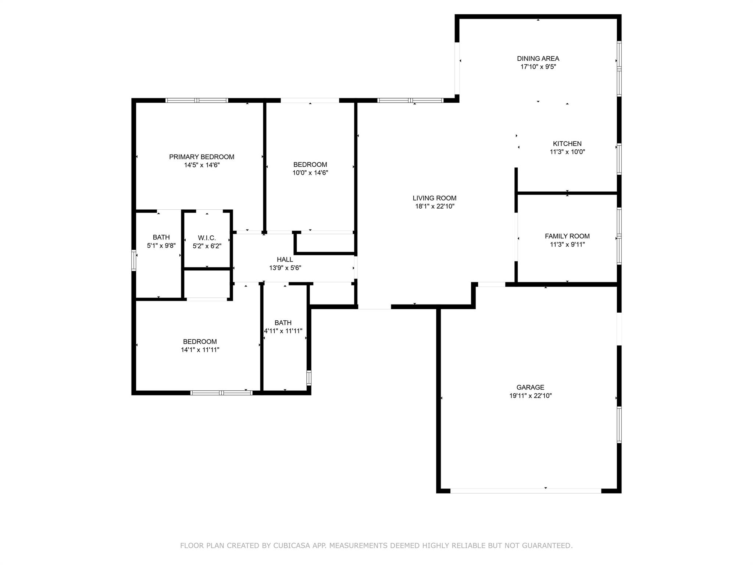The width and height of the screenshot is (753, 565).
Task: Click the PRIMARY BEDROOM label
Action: click(x=201, y=157)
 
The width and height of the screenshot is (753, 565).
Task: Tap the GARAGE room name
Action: click(x=530, y=387)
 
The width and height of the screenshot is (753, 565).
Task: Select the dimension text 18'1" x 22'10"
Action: click(x=435, y=206)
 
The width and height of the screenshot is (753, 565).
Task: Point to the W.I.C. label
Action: click(x=207, y=238)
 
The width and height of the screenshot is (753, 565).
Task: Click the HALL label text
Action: click(x=285, y=260)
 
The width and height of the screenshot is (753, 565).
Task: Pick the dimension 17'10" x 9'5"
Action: click(x=538, y=67)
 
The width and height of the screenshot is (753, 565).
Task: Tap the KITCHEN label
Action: click(x=567, y=144)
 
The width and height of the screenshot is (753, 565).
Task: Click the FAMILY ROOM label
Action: click(x=567, y=236)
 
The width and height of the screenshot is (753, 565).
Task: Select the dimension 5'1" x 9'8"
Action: click(x=161, y=245)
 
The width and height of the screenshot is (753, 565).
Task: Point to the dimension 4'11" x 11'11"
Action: click(x=283, y=331)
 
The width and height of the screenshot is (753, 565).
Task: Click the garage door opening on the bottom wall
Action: click(x=526, y=491)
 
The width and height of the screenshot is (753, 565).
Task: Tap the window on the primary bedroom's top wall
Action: click(x=197, y=100)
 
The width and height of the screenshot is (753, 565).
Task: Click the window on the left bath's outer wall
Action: click(x=134, y=260)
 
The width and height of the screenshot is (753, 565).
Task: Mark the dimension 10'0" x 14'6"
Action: click(x=310, y=173)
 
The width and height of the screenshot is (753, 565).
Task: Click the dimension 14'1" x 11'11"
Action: click(x=200, y=350)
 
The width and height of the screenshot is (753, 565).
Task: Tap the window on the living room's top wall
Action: click(x=410, y=100)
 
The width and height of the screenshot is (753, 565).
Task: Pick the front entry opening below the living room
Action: click(x=374, y=307)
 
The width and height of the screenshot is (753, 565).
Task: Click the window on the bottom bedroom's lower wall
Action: click(x=221, y=393)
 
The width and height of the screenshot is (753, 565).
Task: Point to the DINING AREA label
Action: click(x=538, y=58)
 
